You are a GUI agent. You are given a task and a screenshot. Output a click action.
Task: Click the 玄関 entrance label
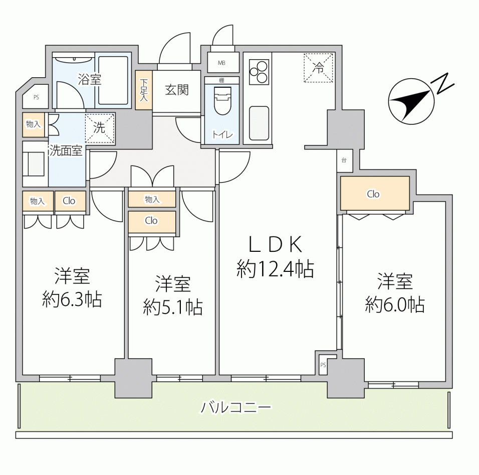click(x=177, y=90)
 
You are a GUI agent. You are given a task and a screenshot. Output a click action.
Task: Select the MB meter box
click(x=222, y=62)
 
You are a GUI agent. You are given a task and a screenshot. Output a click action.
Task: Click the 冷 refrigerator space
click(x=318, y=68)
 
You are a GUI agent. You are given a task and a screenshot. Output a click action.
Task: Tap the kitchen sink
click(x=259, y=123)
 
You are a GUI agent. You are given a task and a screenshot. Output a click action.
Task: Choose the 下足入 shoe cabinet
click(x=144, y=90)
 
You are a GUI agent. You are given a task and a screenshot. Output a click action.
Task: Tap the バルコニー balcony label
click(x=235, y=408)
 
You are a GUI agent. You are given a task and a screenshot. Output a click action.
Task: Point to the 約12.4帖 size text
click(x=275, y=269)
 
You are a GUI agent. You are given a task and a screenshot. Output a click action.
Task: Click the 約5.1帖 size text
click(x=173, y=307)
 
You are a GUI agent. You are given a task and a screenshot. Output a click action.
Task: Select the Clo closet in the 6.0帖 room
click(x=375, y=193)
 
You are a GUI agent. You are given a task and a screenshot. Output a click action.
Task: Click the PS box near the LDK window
click(x=323, y=365)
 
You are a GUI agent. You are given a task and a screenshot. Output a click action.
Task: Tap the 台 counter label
click(x=344, y=161)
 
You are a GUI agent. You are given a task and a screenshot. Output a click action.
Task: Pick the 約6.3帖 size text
click(x=72, y=299)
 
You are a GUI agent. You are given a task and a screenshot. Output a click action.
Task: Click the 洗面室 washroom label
click(x=66, y=150)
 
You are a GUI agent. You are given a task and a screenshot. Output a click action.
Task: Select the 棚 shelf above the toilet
click(x=221, y=80)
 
